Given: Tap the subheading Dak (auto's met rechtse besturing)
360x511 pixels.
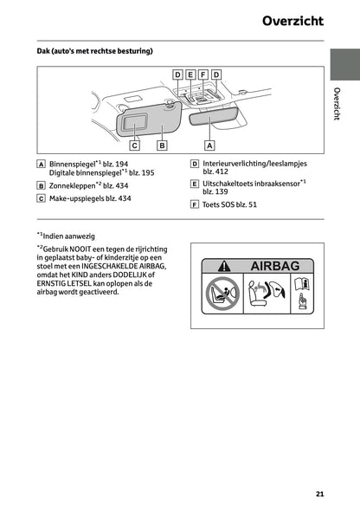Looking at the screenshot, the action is point(94,52).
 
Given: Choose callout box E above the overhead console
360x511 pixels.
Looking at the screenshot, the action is point(190,74).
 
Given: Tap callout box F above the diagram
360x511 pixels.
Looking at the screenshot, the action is point(203,74).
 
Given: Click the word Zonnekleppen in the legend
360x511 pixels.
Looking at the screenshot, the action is point(72,185).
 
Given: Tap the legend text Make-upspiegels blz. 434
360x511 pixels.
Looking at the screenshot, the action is point(90,198).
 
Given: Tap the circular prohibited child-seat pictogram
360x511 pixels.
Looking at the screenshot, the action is point(222,294).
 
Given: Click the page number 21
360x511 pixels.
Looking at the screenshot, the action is point(319,494).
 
